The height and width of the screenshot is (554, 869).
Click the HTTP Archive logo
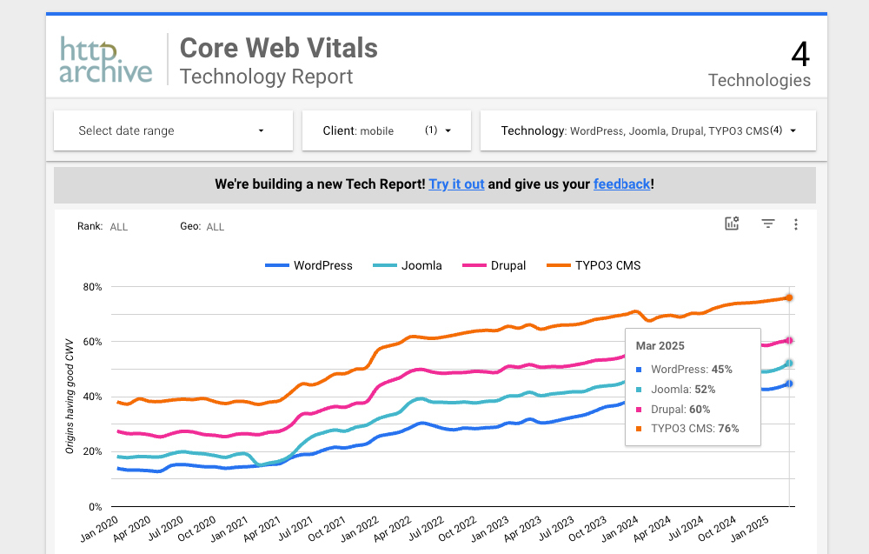coord(106,59)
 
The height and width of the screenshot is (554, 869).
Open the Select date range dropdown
coord(173,130)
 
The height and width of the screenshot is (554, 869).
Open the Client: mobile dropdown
coord(386,130)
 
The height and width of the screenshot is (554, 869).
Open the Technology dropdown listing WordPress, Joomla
coord(647,130)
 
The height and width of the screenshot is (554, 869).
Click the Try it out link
coord(456,184)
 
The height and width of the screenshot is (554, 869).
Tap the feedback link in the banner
coord(621,184)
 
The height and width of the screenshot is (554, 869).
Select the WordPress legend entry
coord(308,265)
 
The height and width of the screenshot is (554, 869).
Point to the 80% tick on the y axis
coord(92,287)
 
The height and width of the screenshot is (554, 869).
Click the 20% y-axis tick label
coord(92,451)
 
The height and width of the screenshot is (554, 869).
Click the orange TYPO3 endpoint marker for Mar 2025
coord(789,297)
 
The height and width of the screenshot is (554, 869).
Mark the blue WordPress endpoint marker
coord(789,384)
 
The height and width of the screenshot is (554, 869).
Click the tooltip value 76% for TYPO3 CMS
coord(728,428)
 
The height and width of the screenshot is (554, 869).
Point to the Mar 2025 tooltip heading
coord(660,346)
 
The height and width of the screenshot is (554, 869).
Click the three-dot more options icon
coord(796,224)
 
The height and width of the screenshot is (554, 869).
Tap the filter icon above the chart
coord(768,224)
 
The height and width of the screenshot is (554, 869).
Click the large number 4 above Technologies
coord(799,55)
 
